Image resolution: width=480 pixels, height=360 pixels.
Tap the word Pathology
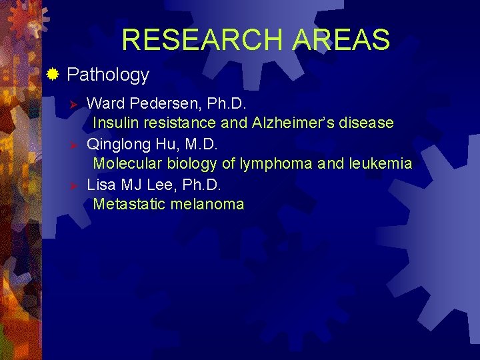tap(108, 75)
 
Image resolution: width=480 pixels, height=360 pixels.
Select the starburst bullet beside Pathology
tap(53, 74)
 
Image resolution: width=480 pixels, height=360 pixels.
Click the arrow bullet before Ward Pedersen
tap(75, 105)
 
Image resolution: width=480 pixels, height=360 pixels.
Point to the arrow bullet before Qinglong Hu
tap(75, 145)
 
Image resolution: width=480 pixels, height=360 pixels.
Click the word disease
tap(368, 123)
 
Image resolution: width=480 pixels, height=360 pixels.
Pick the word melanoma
tap(207, 205)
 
